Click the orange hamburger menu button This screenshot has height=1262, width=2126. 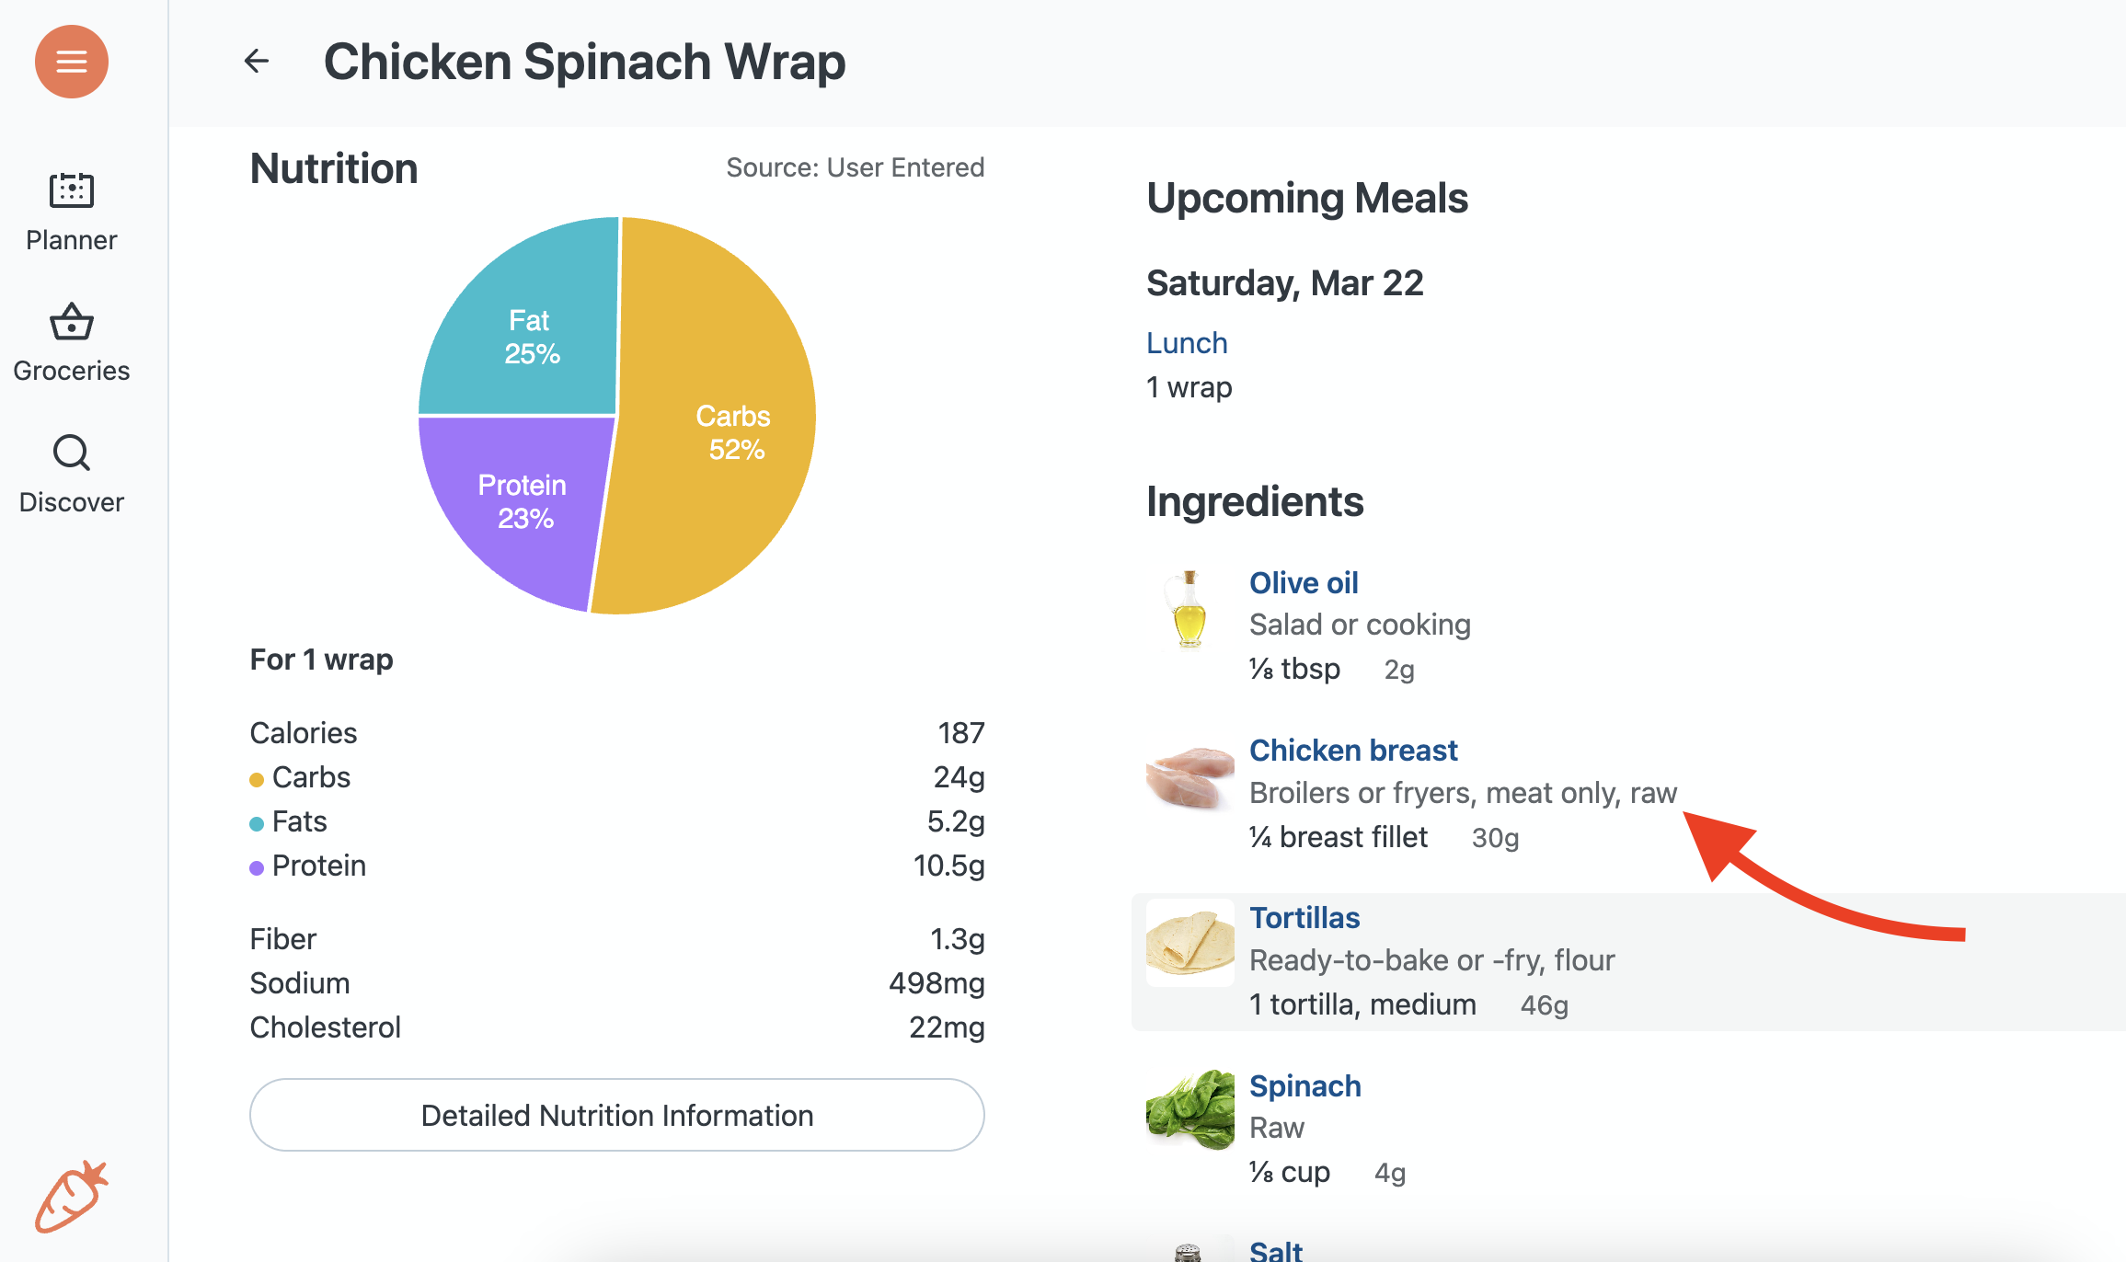[72, 62]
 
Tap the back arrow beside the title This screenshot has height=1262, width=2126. [257, 62]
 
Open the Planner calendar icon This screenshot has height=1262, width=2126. [72, 190]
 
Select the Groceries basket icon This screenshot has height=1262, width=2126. [72, 322]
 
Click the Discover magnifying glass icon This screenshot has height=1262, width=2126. [72, 453]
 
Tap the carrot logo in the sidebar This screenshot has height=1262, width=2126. [72, 1196]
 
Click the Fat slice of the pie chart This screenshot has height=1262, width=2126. [529, 336]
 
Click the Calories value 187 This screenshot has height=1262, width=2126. [960, 733]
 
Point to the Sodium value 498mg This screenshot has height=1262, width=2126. [936, 983]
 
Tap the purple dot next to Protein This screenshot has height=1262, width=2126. [257, 867]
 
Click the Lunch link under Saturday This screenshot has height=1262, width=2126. [1187, 343]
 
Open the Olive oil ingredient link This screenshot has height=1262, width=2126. [1304, 583]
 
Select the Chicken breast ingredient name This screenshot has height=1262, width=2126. [1353, 751]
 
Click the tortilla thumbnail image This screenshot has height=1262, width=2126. [1189, 943]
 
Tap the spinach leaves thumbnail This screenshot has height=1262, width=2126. [1189, 1110]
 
